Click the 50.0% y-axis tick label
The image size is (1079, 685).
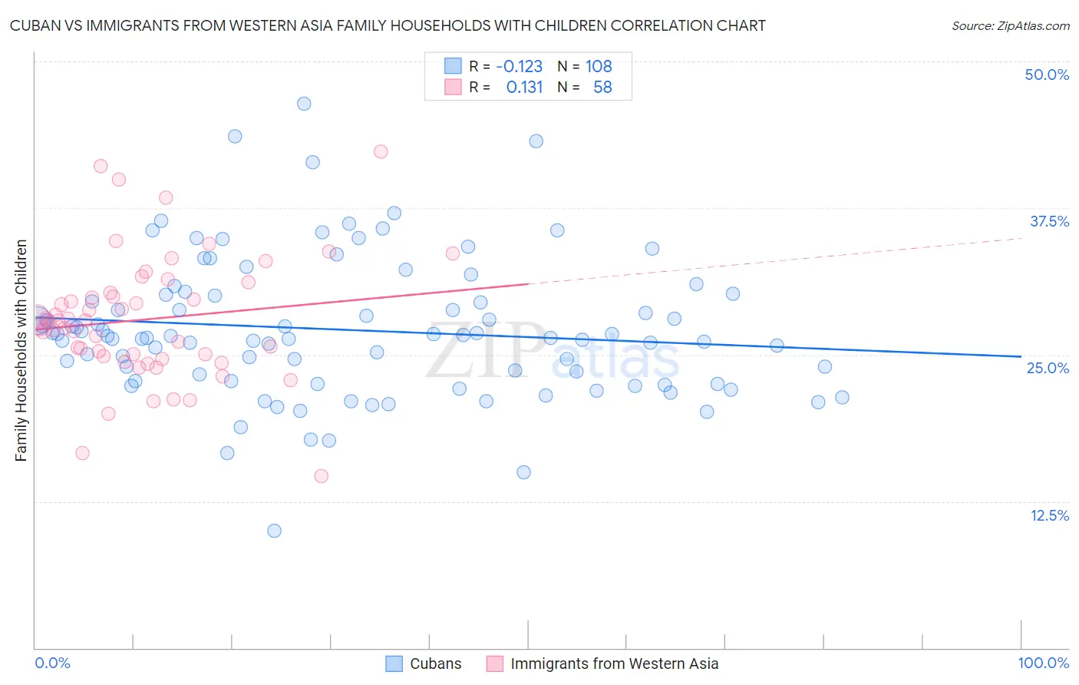click(1047, 74)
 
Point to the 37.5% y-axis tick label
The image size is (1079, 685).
click(1049, 221)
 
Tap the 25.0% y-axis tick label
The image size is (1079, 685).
click(1048, 368)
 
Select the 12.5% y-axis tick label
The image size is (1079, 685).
click(1049, 515)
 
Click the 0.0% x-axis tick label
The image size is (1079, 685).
click(52, 663)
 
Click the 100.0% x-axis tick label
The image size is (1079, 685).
click(1043, 663)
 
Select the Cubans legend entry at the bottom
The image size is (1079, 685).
click(435, 664)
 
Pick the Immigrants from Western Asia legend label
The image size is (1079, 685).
click(614, 664)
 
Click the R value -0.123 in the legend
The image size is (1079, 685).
click(519, 67)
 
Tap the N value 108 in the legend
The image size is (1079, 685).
click(599, 67)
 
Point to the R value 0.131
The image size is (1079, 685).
click(524, 88)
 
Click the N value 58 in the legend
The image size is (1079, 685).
click(602, 88)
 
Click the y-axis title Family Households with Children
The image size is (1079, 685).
click(21, 350)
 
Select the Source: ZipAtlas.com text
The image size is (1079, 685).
click(1010, 26)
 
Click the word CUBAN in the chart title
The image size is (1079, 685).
click(37, 26)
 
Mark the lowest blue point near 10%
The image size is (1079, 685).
click(274, 531)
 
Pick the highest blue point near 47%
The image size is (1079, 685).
click(304, 104)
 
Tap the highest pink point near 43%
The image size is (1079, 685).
click(381, 151)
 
